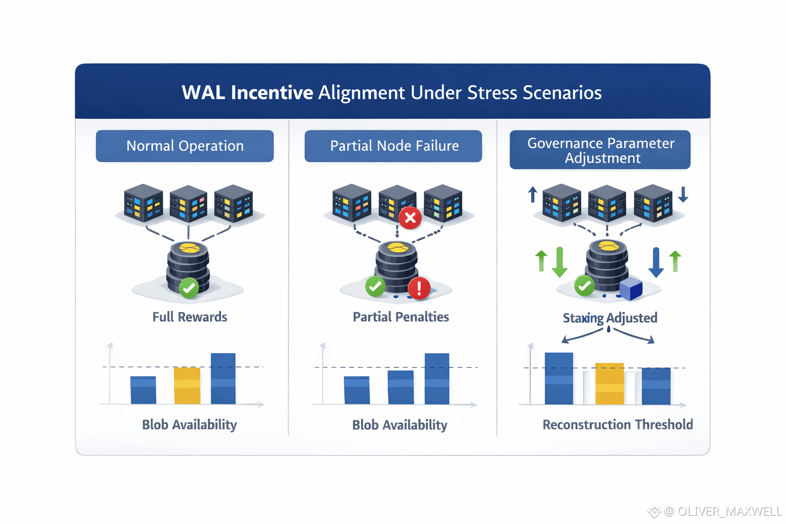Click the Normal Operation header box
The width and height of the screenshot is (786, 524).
[185, 146]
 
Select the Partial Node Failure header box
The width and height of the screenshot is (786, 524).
[394, 146]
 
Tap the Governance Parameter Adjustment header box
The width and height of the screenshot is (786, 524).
[600, 150]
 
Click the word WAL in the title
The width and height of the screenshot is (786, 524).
[203, 93]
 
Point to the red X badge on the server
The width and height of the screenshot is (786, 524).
[410, 217]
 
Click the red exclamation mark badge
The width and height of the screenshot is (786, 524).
[419, 288]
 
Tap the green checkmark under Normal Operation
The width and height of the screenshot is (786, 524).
[189, 288]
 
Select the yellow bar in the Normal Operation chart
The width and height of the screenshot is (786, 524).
[187, 386]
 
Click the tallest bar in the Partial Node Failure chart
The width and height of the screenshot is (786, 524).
[437, 379]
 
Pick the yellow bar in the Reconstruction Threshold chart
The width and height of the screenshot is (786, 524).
[609, 384]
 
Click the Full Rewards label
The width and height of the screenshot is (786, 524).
[190, 317]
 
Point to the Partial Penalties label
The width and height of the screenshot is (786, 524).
[401, 317]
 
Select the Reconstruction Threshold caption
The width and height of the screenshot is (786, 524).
[618, 425]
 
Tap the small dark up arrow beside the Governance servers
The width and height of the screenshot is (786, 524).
[533, 194]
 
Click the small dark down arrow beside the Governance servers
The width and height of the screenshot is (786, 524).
[683, 194]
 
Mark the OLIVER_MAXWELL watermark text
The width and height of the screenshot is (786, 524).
[729, 511]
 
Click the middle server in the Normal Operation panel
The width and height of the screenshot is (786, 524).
[188, 203]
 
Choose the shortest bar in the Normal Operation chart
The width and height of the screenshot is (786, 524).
[143, 390]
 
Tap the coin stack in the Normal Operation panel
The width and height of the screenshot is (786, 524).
[188, 266]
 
